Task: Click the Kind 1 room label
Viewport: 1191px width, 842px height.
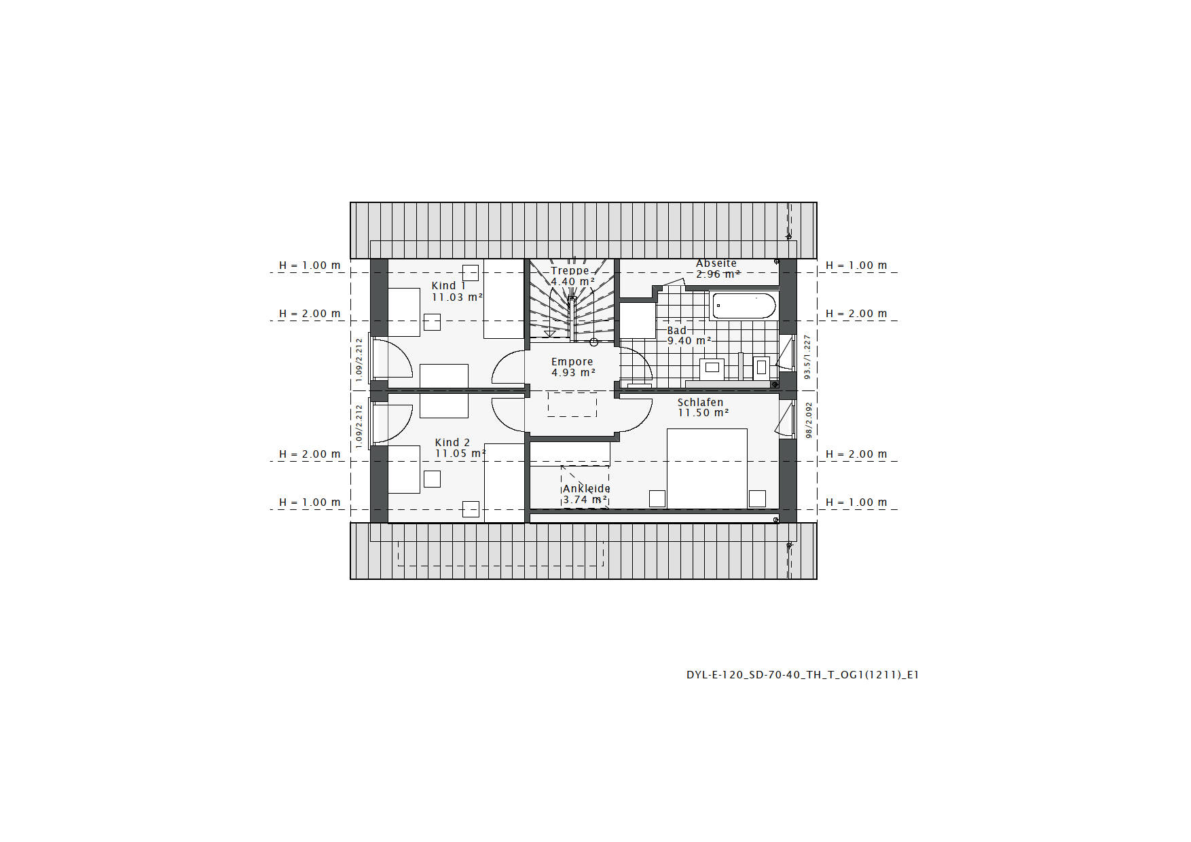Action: pos(449,286)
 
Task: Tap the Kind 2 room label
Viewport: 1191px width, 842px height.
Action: pos(452,443)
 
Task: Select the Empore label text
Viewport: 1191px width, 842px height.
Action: pos(572,362)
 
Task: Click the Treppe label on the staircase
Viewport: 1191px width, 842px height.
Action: pos(570,270)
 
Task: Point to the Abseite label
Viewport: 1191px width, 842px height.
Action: pos(716,263)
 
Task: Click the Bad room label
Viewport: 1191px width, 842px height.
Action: pos(677,331)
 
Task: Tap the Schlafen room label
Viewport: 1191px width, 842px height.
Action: pos(701,403)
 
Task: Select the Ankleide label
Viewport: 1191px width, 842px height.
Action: pos(586,489)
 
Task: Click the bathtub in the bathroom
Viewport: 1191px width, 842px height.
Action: pos(744,306)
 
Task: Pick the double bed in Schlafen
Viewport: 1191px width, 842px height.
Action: pos(707,468)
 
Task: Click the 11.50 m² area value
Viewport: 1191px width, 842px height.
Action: pos(703,413)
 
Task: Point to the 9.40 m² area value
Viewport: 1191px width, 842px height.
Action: pos(689,341)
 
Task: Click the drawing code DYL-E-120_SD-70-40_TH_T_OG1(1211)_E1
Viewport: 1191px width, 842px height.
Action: pos(803,675)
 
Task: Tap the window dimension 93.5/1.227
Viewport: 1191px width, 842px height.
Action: pos(807,356)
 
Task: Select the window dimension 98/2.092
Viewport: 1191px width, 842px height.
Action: pos(809,420)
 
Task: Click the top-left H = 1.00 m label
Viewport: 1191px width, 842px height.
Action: pos(310,266)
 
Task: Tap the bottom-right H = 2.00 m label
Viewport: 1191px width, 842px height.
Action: pos(856,454)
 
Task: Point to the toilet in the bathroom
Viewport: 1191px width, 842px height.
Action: pos(761,368)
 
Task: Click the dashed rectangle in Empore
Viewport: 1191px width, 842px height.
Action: pos(572,405)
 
